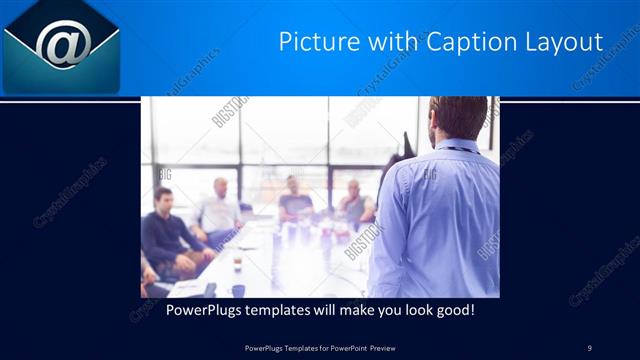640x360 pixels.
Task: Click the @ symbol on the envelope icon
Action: (x=63, y=43)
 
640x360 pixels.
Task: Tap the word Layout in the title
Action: (x=562, y=42)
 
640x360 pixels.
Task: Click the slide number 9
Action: (x=590, y=347)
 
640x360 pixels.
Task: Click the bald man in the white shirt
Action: (x=219, y=210)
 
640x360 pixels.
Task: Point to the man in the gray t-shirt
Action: (x=294, y=200)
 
